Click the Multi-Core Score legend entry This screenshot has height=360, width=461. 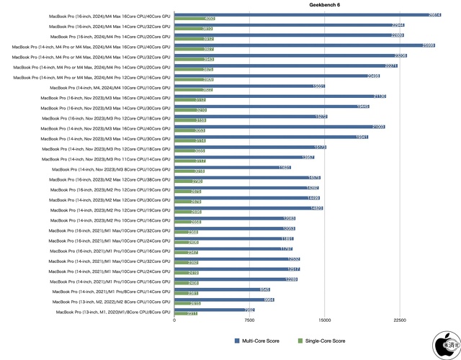click(256, 341)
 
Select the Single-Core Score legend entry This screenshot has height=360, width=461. click(325, 341)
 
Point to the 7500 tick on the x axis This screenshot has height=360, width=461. click(249, 321)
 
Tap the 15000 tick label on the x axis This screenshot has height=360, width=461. click(325, 321)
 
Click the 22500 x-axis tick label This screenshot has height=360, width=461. click(400, 321)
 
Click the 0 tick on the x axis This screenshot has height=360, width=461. click(174, 321)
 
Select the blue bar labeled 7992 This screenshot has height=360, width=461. click(214, 310)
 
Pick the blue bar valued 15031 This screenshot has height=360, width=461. click(249, 86)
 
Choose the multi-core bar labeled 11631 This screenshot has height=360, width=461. click(232, 166)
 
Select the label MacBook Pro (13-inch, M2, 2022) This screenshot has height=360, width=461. click(112, 302)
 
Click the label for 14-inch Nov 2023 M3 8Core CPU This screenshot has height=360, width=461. click(112, 169)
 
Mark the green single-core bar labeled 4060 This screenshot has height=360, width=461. click(194, 19)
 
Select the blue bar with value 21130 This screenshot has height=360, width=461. click(280, 96)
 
